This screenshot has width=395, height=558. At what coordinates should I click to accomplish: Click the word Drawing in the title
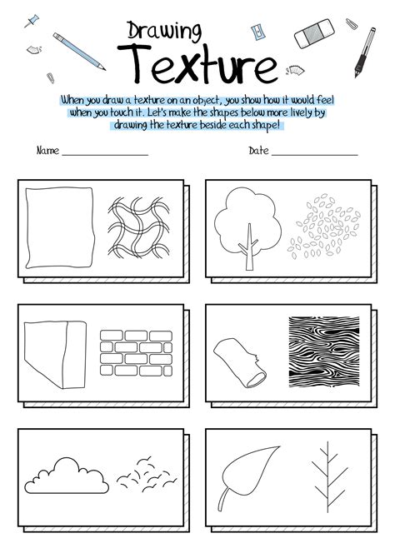point(164,32)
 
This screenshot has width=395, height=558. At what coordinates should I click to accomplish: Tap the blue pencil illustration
point(78,51)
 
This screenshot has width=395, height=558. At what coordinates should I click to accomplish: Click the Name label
point(47,152)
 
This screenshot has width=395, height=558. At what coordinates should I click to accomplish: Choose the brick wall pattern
point(133,351)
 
